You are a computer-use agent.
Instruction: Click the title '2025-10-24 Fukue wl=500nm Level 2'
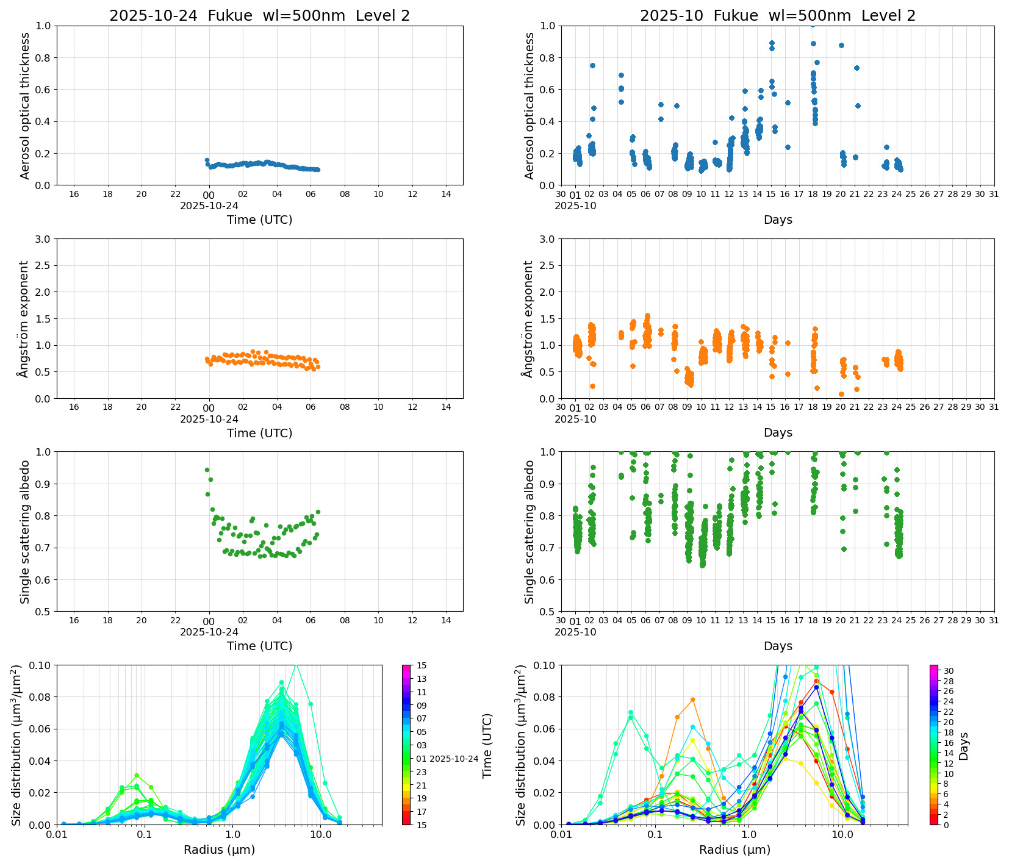pos(259,16)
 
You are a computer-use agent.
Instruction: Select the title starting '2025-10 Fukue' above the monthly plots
pos(777,16)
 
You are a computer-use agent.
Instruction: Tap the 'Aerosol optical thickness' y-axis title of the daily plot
pos(25,106)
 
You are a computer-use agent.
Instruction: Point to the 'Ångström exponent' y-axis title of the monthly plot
pos(529,318)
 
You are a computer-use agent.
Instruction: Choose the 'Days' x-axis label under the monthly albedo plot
pos(777,646)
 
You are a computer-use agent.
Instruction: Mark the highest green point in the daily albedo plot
pos(207,470)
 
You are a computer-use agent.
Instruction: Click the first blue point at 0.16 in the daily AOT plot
pos(207,160)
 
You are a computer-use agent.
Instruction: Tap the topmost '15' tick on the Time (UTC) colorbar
pos(422,665)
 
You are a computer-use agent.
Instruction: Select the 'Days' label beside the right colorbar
pos(964,745)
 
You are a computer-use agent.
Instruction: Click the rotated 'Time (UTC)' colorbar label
pos(487,745)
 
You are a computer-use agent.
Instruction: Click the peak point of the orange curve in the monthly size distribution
pos(692,700)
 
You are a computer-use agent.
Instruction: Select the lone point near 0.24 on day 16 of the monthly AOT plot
pos(788,147)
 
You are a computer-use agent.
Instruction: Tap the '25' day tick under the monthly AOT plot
pos(911,195)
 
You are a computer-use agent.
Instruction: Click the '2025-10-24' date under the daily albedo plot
pos(209,632)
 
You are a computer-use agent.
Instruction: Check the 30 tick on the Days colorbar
pos(949,671)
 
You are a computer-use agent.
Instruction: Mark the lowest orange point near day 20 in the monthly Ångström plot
pos(841,394)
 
